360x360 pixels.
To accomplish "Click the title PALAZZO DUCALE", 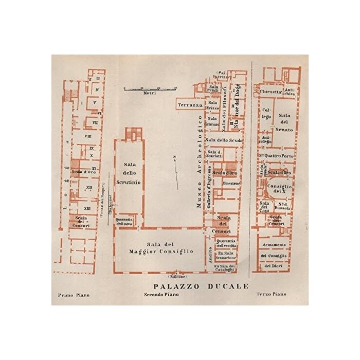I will coord(201,286).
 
